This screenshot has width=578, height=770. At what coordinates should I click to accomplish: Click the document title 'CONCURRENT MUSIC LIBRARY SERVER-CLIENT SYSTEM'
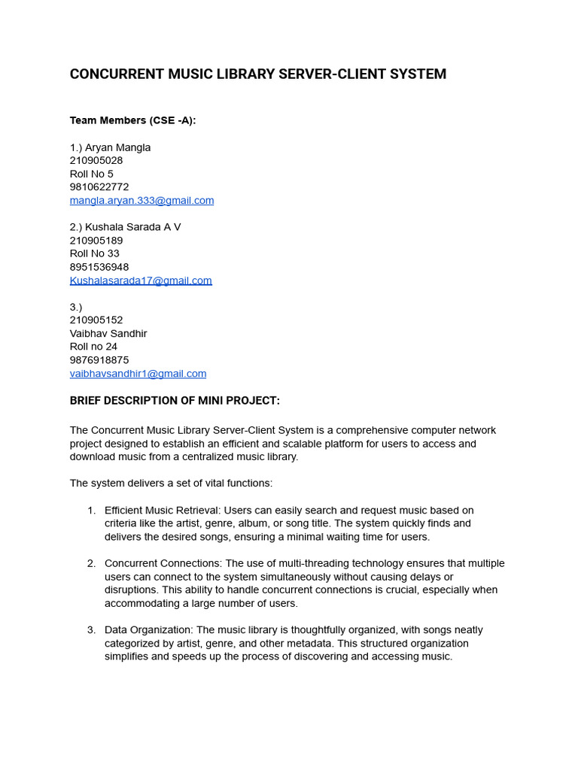point(257,74)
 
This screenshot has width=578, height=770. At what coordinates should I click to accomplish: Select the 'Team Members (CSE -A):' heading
point(132,120)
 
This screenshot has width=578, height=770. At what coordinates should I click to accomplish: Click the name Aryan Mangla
point(117,147)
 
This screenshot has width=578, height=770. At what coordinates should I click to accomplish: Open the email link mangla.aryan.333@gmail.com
point(141,201)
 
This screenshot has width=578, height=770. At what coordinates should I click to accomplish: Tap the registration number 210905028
point(96,161)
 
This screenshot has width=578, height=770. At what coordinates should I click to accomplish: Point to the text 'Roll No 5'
point(92,174)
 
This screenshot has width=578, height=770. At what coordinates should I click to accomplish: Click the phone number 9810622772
point(99,187)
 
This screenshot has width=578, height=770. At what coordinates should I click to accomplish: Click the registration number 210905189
point(96,241)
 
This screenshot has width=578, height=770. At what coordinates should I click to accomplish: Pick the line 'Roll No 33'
point(95,253)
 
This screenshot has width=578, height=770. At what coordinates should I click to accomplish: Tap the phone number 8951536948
point(99,267)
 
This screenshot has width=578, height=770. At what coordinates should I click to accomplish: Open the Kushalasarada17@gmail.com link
point(141,280)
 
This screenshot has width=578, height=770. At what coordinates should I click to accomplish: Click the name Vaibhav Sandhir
point(108,333)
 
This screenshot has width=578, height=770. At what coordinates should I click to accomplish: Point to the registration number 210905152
point(96,320)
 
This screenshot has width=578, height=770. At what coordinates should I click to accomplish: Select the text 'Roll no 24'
point(94,347)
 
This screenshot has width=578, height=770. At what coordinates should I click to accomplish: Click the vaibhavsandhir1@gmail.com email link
point(138,374)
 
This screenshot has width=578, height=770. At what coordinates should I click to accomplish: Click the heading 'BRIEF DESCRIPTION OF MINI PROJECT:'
point(175,401)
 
